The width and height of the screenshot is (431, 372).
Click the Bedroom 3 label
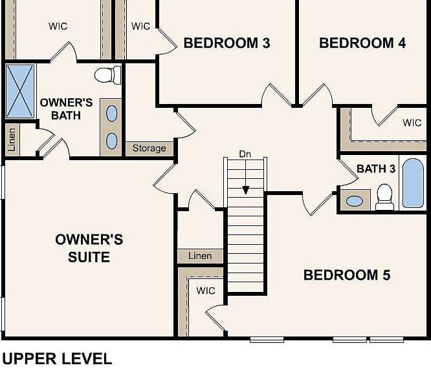click(227, 43)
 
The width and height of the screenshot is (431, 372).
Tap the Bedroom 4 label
click(362, 43)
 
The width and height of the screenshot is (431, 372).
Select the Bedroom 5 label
click(347, 275)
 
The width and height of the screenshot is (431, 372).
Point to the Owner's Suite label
click(89, 248)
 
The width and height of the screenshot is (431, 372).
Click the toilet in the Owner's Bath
click(107, 75)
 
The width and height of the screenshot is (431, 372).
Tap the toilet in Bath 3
click(384, 197)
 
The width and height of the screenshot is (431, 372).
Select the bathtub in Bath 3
click(413, 183)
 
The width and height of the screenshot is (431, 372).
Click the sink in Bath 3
click(355, 201)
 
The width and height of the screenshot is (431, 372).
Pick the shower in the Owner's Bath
click(20, 91)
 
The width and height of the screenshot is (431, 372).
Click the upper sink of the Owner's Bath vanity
click(111, 114)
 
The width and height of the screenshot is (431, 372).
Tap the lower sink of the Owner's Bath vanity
click(111, 141)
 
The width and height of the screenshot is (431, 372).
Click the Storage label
click(149, 148)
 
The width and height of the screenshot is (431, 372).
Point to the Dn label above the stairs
click(245, 154)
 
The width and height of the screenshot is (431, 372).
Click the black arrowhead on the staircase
click(246, 191)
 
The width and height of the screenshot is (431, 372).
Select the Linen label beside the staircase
click(200, 256)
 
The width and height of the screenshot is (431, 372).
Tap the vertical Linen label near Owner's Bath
click(12, 139)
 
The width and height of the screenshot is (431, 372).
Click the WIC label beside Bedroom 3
click(140, 26)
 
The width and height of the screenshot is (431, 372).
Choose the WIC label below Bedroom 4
click(412, 122)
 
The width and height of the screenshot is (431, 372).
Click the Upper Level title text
click(57, 358)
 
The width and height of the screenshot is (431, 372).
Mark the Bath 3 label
click(376, 169)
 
